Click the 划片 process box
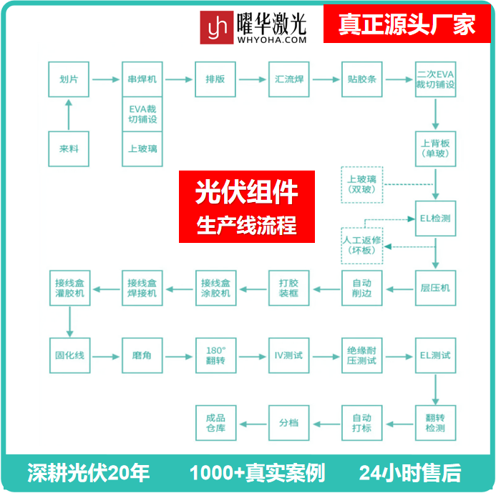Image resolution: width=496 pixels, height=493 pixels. point(69,79)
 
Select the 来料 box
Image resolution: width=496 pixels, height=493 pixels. point(69,149)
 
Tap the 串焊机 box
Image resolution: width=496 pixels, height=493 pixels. point(142,79)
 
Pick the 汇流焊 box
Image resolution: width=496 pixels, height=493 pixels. point(289,79)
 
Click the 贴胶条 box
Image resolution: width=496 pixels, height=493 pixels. point(361,79)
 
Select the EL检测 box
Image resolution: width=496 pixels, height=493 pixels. point(435,219)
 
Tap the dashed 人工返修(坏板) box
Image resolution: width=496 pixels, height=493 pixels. point(361,246)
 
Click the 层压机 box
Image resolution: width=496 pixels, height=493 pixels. point(435,288)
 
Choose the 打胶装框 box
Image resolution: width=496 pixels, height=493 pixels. point(289,288)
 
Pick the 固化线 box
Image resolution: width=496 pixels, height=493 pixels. point(69,355)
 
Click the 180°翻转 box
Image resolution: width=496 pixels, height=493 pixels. point(215,355)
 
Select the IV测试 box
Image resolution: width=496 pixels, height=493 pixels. point(289,355)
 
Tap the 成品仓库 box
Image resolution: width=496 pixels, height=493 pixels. point(215,423)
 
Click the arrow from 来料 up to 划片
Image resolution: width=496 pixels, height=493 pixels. point(69,115)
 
